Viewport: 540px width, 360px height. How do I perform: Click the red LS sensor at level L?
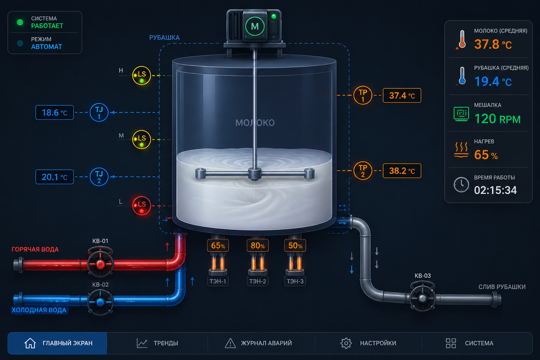[x=142, y=206]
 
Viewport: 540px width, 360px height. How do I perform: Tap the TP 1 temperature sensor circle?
[x=363, y=95]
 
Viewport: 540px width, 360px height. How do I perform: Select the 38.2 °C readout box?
[x=402, y=171]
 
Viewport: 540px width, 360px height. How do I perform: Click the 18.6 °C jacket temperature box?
[x=54, y=112]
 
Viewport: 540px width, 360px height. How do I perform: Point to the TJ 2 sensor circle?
[x=99, y=177]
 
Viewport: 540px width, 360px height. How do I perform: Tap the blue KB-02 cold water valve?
[x=100, y=302]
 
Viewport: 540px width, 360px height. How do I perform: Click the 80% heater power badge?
[x=258, y=245]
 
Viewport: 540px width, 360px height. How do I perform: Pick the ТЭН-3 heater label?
[x=295, y=281]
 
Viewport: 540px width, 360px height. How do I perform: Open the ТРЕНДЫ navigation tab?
[x=157, y=343]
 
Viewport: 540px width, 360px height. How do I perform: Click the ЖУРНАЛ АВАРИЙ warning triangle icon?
[x=230, y=343]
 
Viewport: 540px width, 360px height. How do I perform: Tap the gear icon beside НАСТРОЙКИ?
[x=346, y=343]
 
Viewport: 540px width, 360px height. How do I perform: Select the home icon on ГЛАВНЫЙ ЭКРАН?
[x=30, y=343]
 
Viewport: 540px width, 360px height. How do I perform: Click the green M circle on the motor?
[x=255, y=26]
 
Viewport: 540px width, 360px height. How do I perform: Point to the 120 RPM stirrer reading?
[x=497, y=119]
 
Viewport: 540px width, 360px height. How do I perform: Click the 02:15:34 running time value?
[x=495, y=190]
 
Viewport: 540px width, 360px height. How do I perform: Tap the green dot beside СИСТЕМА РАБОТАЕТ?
[x=20, y=22]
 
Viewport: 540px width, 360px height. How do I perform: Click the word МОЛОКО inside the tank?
[x=255, y=123]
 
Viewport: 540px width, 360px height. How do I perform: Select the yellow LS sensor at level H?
[x=142, y=76]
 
